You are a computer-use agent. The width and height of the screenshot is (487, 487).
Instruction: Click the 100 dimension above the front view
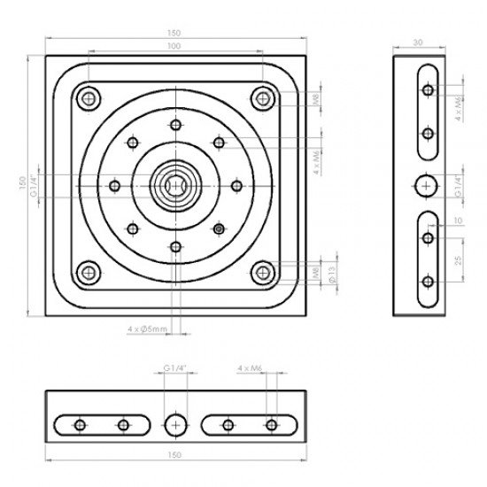174,45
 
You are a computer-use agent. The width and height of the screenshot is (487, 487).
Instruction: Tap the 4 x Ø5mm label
147,329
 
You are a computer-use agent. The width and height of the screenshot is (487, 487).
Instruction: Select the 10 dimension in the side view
459,220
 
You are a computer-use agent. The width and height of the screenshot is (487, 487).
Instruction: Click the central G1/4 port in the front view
175,184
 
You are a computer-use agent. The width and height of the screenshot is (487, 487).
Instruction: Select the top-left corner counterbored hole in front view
88,98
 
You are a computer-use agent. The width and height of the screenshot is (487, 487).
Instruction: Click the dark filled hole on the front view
218,228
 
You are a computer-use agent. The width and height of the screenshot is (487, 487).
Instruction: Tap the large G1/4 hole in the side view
428,184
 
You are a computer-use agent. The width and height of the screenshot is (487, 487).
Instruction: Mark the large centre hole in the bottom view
175,424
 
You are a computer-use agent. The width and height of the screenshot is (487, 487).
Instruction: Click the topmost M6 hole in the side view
428,89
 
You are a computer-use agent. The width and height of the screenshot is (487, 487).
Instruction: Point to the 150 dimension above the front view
174,33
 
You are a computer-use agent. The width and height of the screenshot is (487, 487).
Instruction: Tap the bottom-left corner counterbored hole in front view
88,271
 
